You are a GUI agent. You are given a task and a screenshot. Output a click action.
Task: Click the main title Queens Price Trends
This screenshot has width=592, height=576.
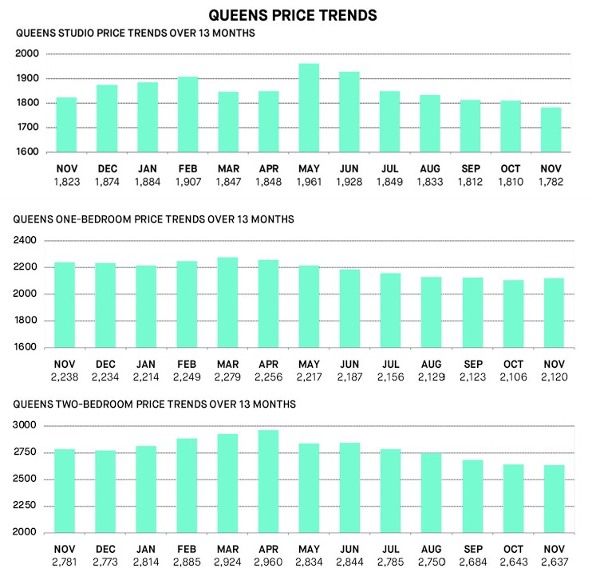[292, 14]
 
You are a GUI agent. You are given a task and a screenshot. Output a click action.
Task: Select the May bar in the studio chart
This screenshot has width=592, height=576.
[308, 108]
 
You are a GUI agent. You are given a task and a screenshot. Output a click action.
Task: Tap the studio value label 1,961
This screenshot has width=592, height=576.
[308, 182]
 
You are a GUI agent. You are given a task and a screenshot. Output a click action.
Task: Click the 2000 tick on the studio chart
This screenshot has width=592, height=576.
[26, 53]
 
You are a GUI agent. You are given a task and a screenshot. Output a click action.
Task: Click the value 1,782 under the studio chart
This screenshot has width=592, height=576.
[551, 182]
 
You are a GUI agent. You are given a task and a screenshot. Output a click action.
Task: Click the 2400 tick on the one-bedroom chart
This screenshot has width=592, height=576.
[26, 240]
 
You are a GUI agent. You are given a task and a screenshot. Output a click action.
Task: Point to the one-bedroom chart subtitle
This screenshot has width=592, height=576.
[155, 219]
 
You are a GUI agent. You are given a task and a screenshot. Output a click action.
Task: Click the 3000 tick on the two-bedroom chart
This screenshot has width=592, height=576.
[26, 426]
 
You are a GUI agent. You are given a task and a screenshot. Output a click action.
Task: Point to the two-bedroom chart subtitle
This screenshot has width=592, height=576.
[156, 404]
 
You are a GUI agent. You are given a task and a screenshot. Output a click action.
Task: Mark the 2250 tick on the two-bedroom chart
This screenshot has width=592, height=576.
[26, 506]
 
